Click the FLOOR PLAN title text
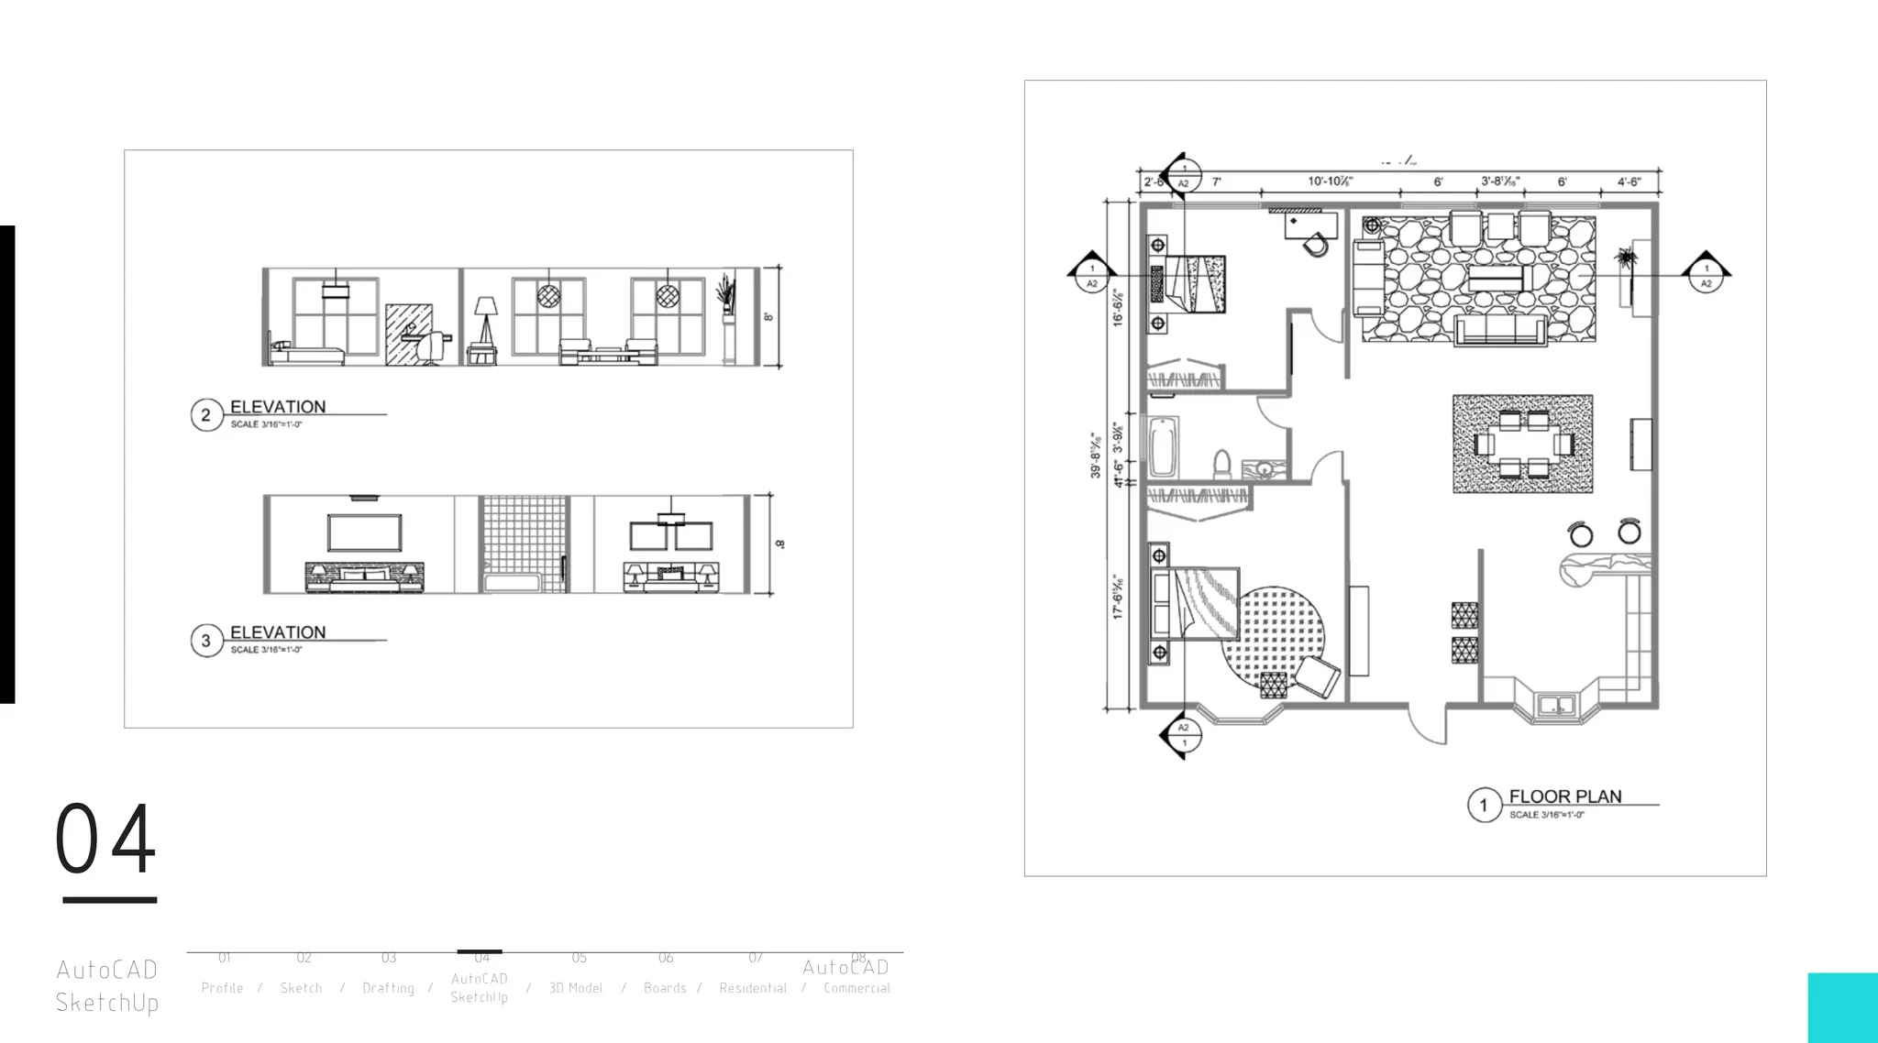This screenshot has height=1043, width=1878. coord(1564,796)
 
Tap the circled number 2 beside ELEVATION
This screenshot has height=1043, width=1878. coord(205,415)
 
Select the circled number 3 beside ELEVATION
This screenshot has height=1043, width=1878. coord(205,641)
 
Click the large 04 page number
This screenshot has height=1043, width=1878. coord(105,840)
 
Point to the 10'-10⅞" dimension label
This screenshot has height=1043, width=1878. coord(1330,181)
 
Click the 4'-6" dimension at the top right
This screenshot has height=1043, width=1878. coord(1628,181)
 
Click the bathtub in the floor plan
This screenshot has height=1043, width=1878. coord(1163,446)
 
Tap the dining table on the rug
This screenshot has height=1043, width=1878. coord(1523,445)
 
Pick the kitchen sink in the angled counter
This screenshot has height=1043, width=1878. coord(1556,707)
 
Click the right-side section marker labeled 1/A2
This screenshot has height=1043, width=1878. coord(1706,272)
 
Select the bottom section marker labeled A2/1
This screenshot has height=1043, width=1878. coord(1184,734)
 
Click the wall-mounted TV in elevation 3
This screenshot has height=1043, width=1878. coord(364,532)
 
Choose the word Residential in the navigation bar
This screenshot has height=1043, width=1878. coord(753,988)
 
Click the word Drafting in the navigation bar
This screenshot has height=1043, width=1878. coord(388,988)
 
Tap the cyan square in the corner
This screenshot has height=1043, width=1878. coord(1842,1007)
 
